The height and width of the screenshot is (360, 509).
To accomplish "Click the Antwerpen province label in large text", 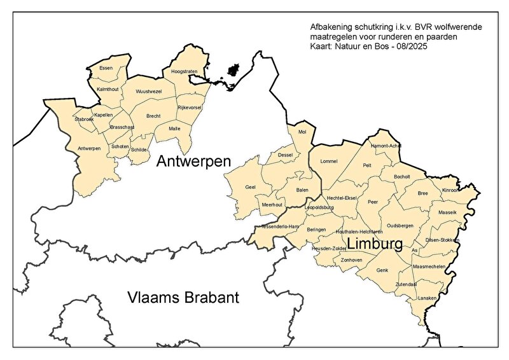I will click(x=193, y=160).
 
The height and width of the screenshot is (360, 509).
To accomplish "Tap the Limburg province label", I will click(x=374, y=244).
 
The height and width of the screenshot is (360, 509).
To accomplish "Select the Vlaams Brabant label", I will click(x=183, y=297).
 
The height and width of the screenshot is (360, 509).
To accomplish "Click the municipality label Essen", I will click(x=106, y=68).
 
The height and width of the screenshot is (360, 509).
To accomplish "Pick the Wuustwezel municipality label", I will click(x=149, y=92).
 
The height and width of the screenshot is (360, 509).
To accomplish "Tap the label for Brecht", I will click(x=153, y=116).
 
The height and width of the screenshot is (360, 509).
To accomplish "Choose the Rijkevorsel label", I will click(x=189, y=107).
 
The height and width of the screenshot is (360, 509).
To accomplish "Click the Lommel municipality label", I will click(x=328, y=162).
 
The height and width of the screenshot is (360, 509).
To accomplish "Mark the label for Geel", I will click(x=250, y=187).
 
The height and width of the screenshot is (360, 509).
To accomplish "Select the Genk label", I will click(x=382, y=270).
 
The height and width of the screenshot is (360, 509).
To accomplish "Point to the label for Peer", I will click(x=373, y=201).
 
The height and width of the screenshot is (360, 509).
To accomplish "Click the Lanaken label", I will click(x=427, y=298).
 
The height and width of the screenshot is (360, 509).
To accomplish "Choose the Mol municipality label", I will click(x=302, y=132).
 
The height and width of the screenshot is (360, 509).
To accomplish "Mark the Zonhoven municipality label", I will click(x=351, y=260).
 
